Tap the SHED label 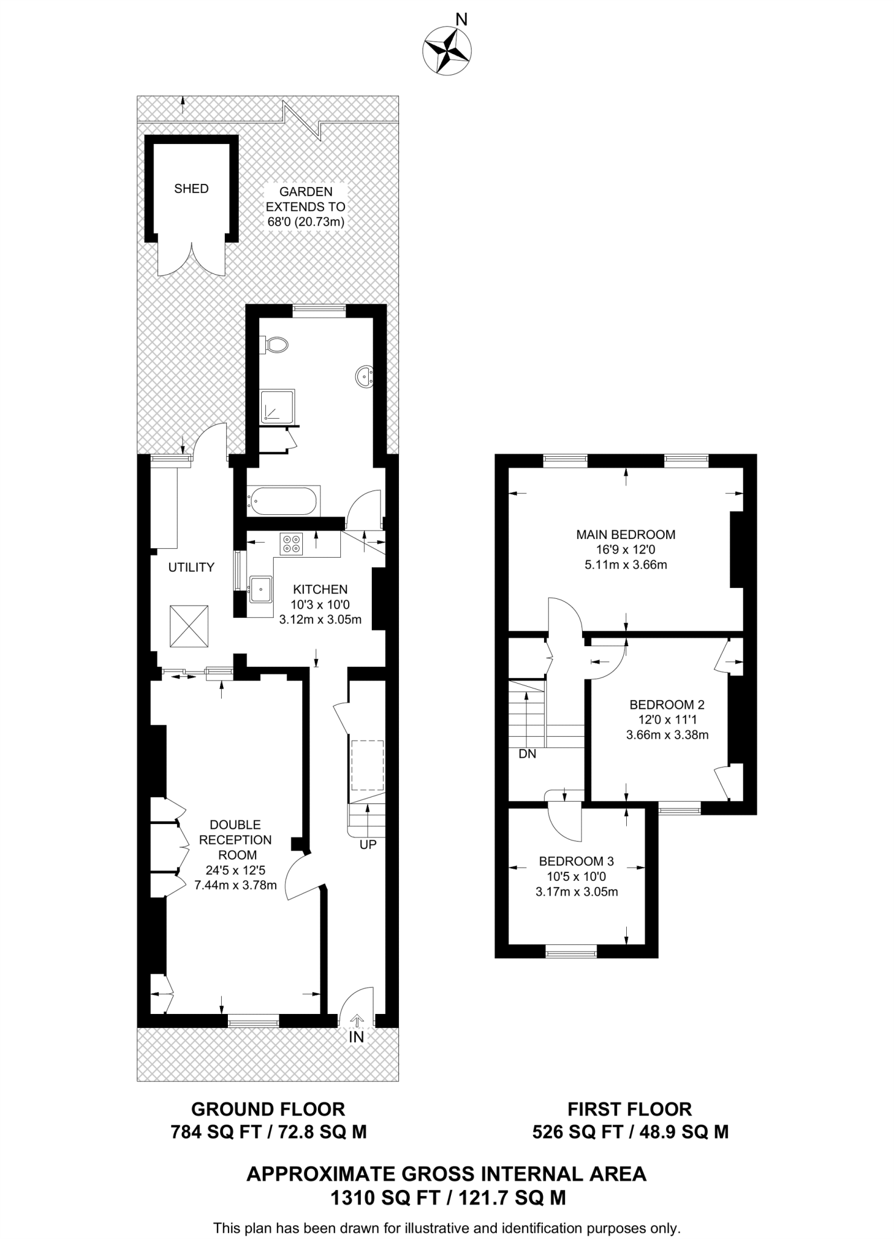click(191, 189)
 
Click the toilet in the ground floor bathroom click(276, 345)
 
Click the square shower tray click(278, 406)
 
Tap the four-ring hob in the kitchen click(291, 543)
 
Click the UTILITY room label click(191, 567)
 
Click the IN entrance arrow click(357, 1021)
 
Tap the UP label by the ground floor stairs click(368, 845)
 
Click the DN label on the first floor click(527, 754)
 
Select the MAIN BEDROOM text click(626, 534)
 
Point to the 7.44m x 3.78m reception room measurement click(235, 885)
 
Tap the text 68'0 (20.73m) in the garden click(306, 222)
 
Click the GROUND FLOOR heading click(268, 1109)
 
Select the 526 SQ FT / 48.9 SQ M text click(630, 1131)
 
